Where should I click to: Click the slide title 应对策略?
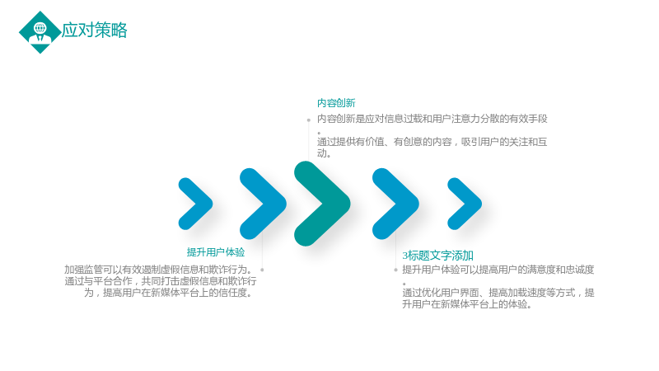pos(94,31)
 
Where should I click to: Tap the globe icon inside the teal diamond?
pos(40,28)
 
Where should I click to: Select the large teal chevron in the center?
pos(322,204)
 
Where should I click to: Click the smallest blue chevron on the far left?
pos(195,204)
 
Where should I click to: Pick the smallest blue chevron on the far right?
pos(465,204)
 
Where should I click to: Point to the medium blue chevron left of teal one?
pos(263,204)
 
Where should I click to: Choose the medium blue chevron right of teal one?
pos(395,204)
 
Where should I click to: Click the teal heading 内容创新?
pos(336,103)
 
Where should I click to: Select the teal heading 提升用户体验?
pos(216,252)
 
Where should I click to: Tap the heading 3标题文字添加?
pos(438,256)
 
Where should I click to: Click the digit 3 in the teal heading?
pos(404,256)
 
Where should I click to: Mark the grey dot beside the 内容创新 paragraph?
pos(308,120)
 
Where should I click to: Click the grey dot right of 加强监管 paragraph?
pos(262,270)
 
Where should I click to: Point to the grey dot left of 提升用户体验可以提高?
pos(395,270)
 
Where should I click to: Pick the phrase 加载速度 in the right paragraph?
pos(527,293)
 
